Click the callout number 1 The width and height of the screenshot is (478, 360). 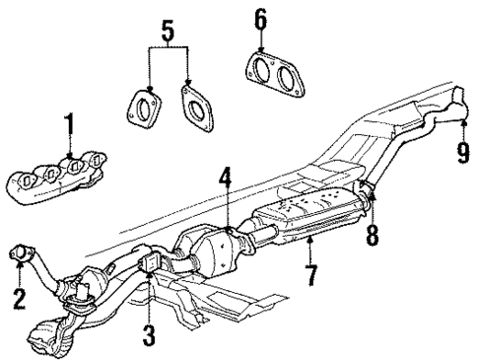click(x=69, y=125)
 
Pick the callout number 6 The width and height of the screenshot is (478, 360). click(x=259, y=18)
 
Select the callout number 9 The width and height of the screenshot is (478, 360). click(x=462, y=153)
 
